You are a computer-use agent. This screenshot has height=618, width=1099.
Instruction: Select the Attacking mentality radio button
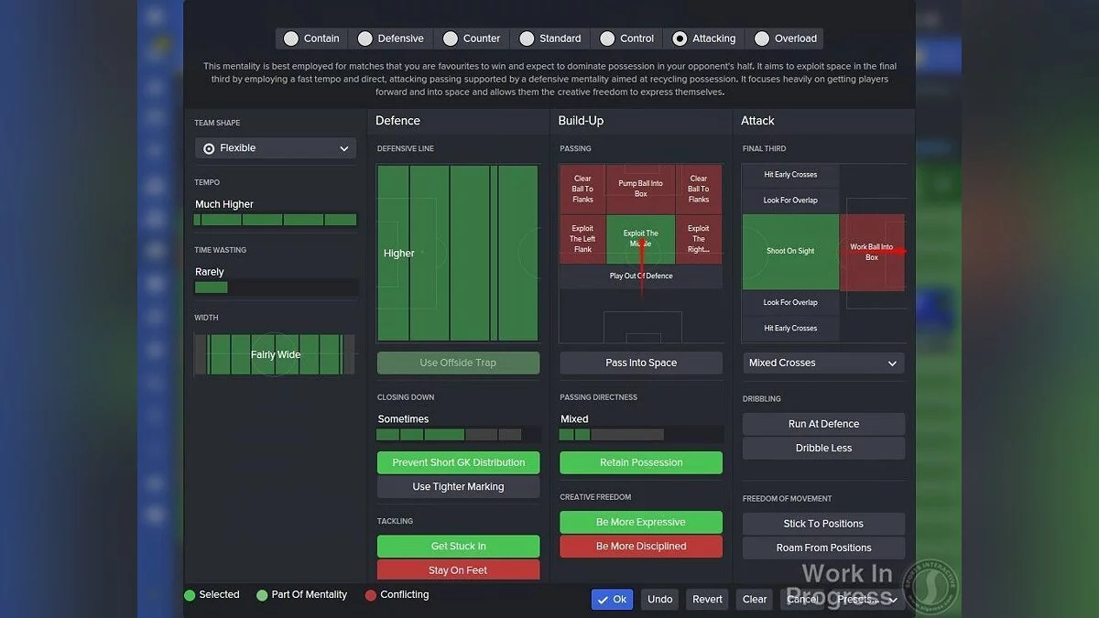680,38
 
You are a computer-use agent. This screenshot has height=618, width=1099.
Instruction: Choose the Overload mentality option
762,38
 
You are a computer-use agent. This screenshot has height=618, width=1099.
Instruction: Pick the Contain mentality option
291,38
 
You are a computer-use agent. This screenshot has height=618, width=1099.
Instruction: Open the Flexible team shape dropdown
276,148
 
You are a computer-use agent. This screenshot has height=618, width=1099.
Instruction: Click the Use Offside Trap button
458,363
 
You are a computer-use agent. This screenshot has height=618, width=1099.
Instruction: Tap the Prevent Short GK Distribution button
458,462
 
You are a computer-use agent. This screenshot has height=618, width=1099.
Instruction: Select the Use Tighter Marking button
458,486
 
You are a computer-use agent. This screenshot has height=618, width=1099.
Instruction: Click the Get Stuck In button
458,546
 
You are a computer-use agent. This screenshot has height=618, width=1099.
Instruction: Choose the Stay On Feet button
458,569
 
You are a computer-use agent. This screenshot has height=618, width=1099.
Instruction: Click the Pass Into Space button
641,363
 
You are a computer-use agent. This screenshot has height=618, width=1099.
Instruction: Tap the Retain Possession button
641,462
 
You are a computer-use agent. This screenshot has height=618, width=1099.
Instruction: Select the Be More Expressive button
641,522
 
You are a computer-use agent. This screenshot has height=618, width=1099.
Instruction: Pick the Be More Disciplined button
641,546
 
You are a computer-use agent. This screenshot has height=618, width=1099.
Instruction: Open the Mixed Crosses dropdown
823,363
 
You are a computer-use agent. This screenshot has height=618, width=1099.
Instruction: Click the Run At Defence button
823,424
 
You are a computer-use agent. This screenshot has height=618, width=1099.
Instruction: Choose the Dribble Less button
823,448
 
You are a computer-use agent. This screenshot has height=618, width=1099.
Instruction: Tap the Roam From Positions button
823,548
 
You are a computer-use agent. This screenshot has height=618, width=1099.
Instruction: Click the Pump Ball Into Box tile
640,189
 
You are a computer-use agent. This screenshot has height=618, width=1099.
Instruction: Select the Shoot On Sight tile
790,251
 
